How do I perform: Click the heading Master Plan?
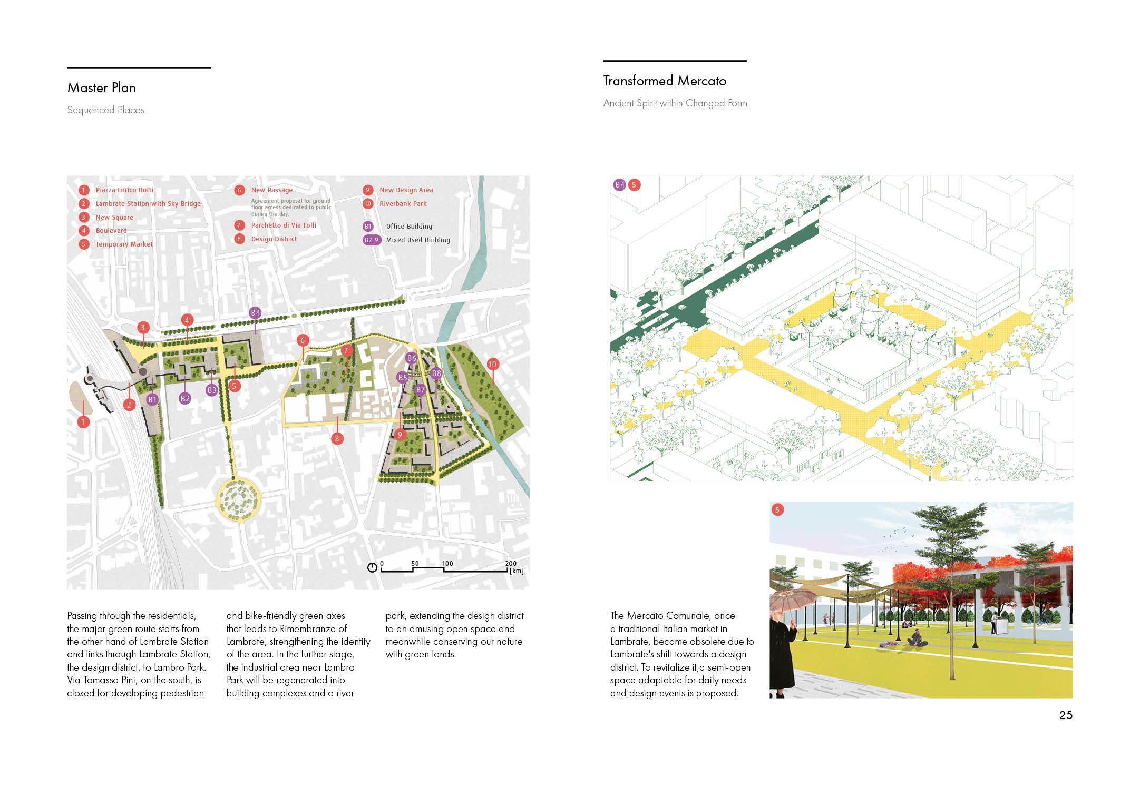tap(101, 87)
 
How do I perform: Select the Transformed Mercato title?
tap(665, 81)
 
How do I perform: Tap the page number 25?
tap(1066, 715)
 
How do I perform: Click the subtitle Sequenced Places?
tap(105, 110)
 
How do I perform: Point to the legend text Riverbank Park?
tap(403, 203)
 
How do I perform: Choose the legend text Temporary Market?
tap(124, 244)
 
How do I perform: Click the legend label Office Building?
tap(409, 226)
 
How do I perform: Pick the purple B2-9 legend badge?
tap(371, 240)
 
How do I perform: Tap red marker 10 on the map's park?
tap(492, 364)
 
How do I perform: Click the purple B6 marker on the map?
tap(411, 358)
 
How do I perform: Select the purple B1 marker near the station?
tap(152, 400)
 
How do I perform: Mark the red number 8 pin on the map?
tap(337, 438)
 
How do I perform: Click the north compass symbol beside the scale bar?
tap(372, 567)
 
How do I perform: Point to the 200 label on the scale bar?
tap(510, 563)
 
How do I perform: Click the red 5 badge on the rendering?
tap(777, 509)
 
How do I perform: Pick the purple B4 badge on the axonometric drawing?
tap(619, 185)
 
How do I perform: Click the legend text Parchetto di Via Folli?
tap(283, 225)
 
